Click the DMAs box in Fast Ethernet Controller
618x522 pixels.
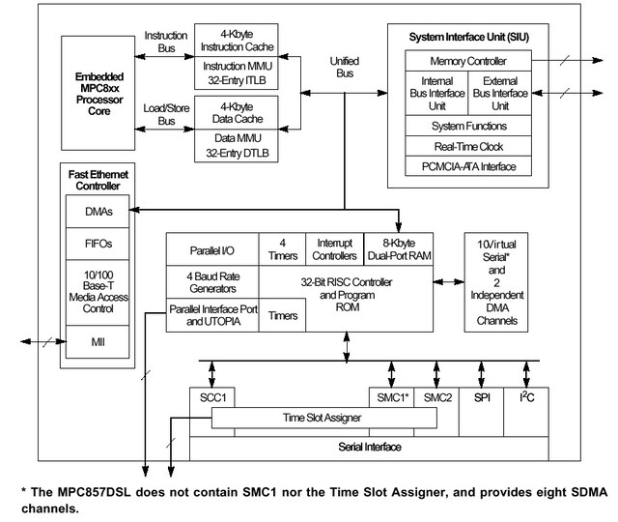(x=98, y=210)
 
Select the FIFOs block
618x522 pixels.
(x=98, y=244)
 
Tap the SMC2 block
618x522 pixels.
(x=437, y=396)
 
